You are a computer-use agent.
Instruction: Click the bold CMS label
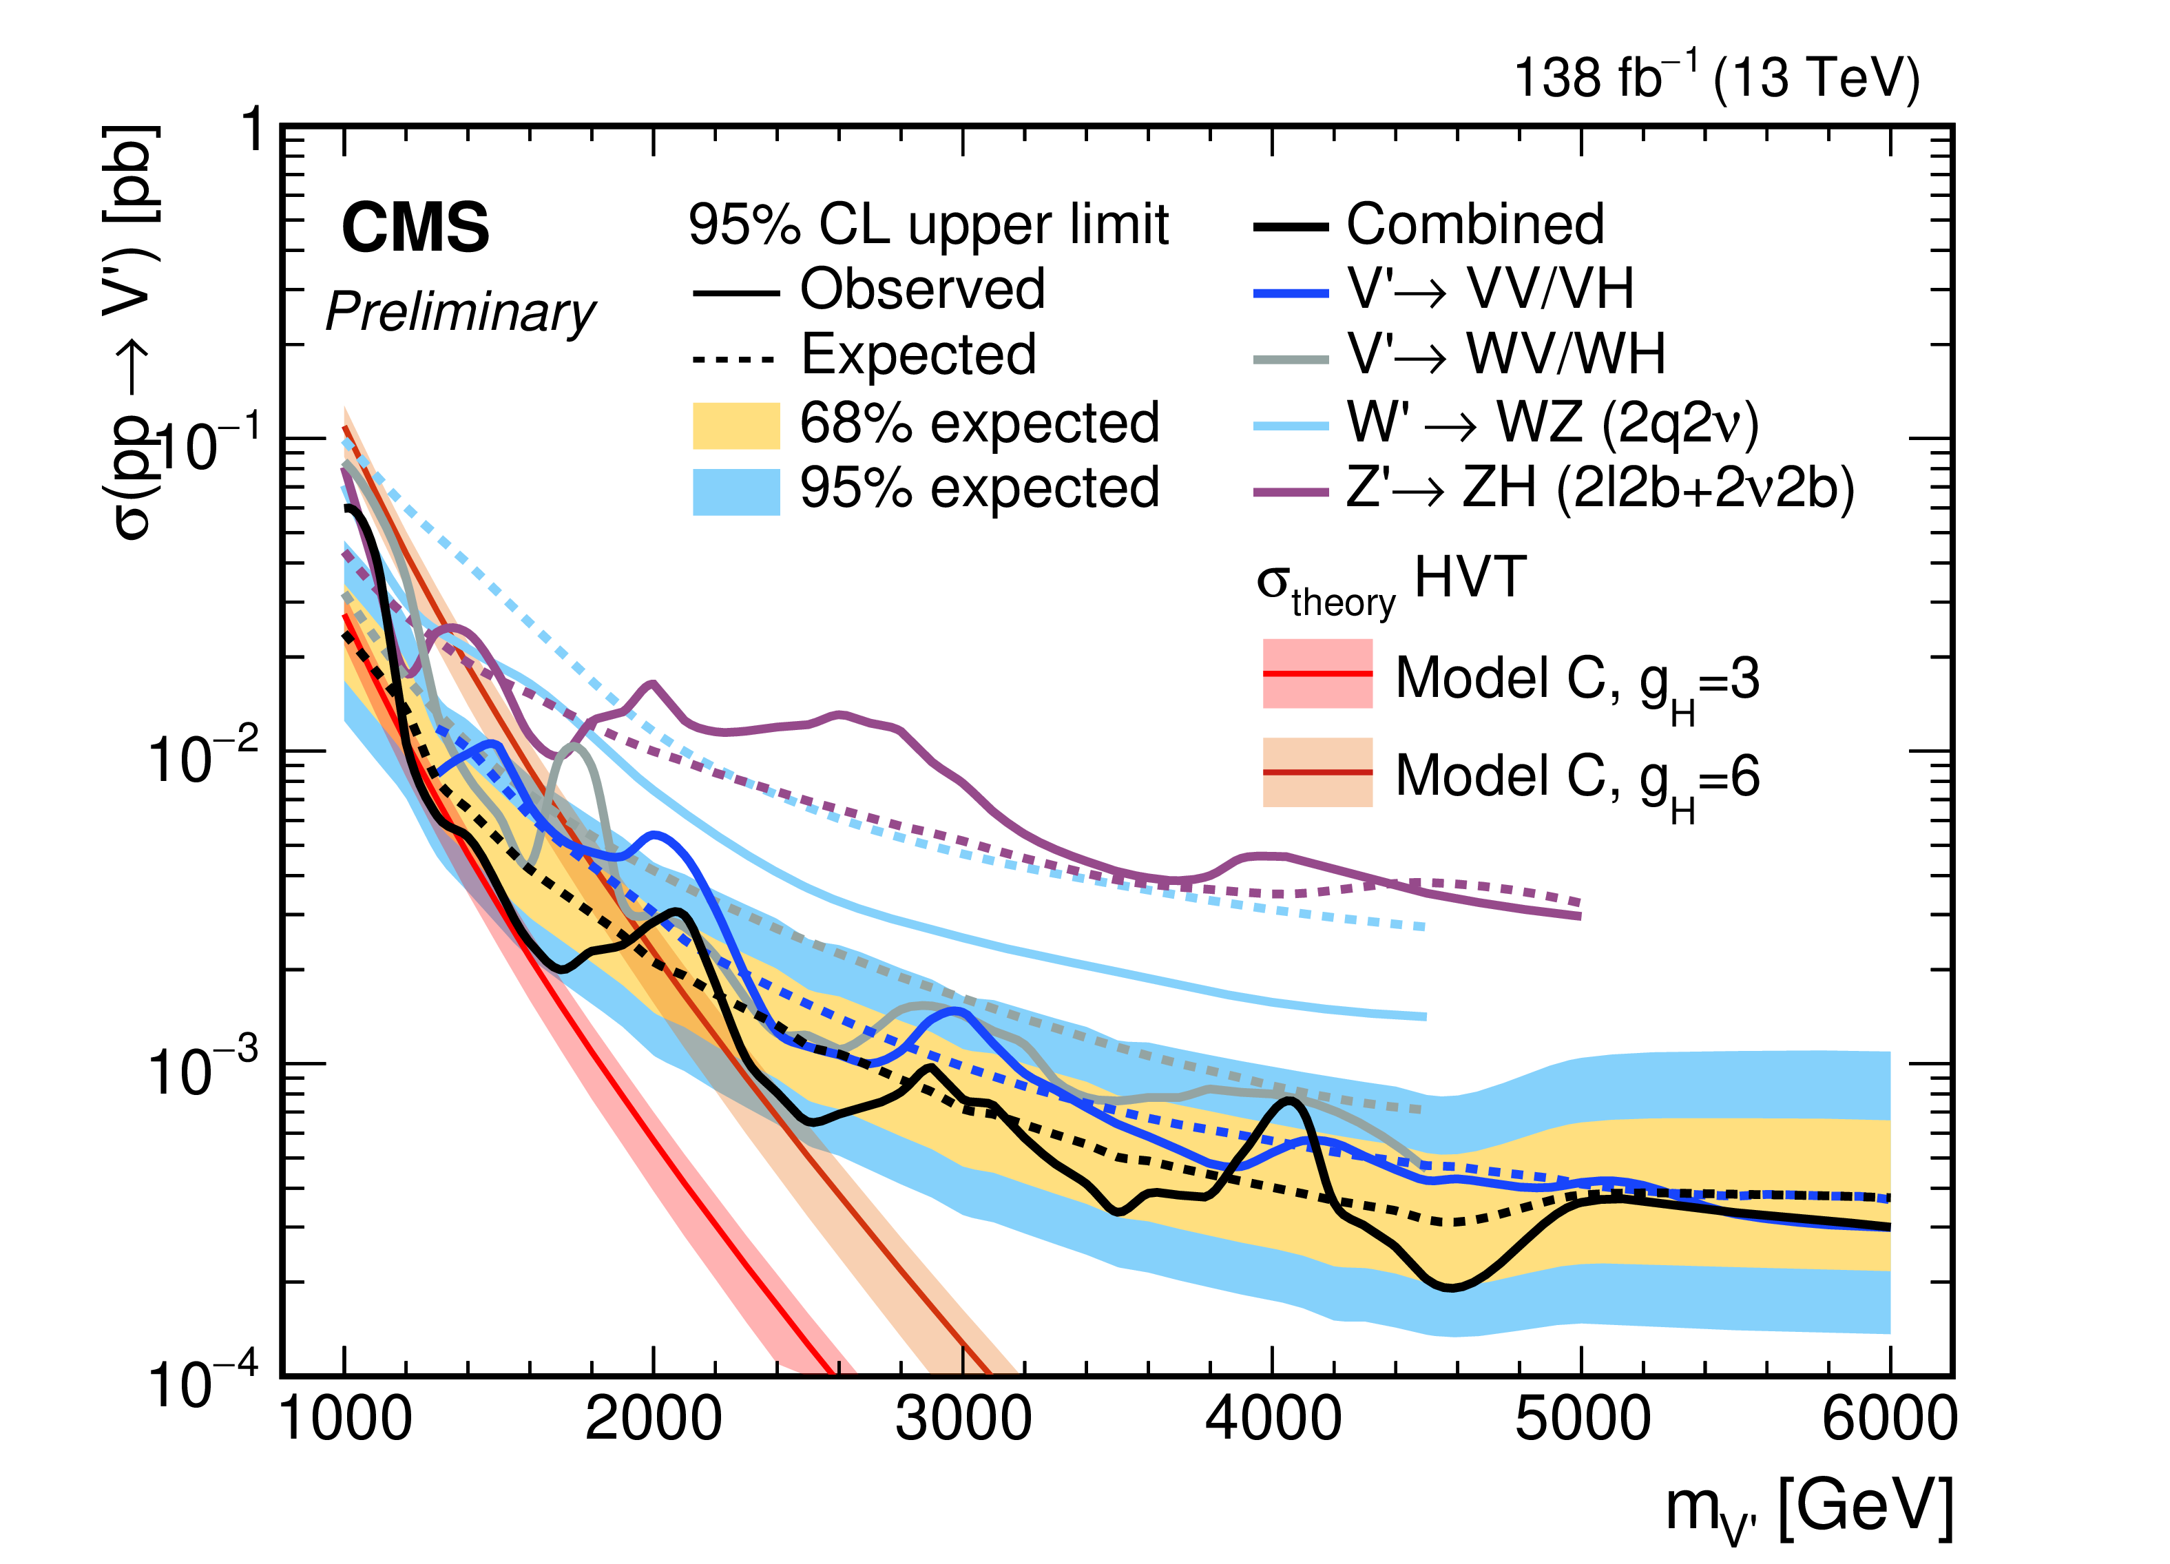pyautogui.click(x=415, y=229)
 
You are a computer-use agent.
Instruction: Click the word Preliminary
pyautogui.click(x=460, y=313)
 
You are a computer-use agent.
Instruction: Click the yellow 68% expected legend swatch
pyautogui.click(x=735, y=426)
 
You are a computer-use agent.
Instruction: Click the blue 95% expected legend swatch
pyautogui.click(x=735, y=492)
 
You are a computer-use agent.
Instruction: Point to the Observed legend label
pyautogui.click(x=922, y=290)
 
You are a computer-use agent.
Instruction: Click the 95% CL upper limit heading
pyautogui.click(x=928, y=225)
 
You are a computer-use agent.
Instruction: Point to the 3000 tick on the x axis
pyautogui.click(x=963, y=1419)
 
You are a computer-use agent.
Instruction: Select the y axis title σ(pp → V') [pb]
pyautogui.click(x=129, y=335)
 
